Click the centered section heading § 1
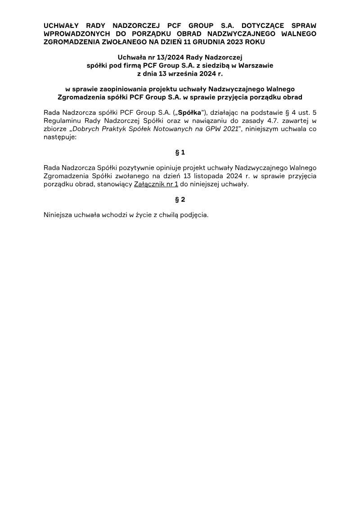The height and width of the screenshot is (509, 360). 180,152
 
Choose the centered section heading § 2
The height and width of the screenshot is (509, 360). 180,200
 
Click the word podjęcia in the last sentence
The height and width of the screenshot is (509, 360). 194,215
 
